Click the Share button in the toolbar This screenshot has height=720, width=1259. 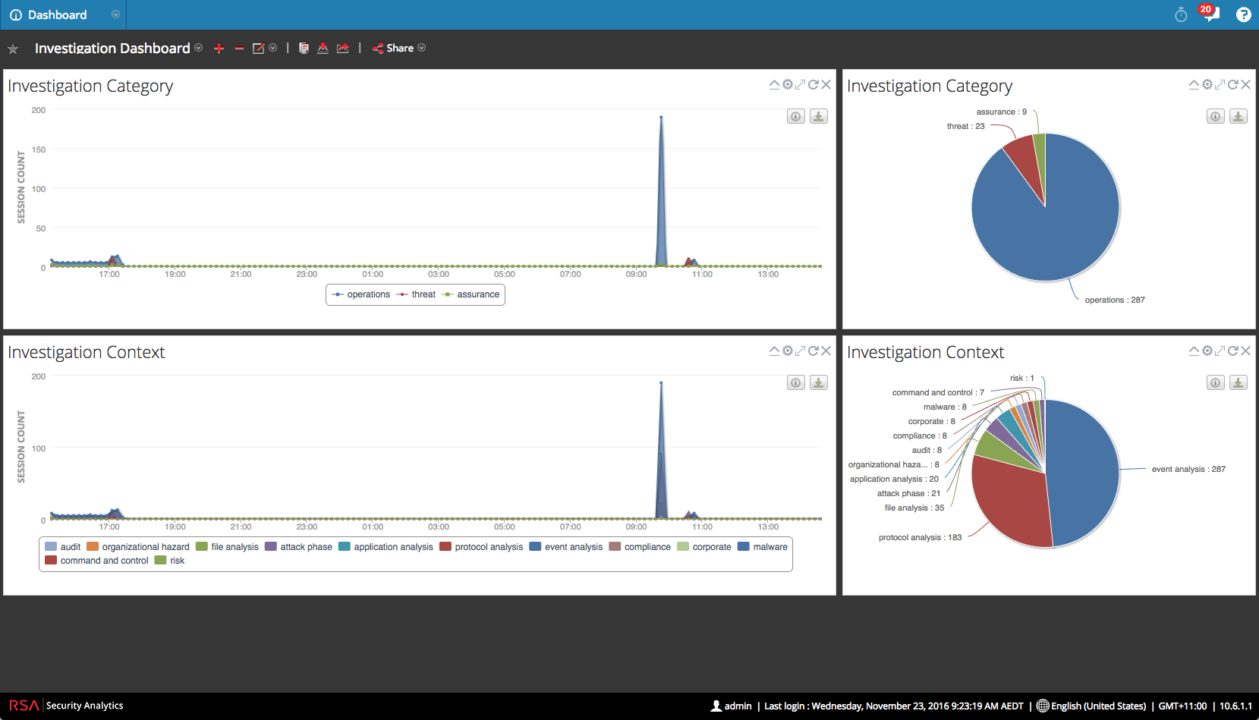tap(398, 49)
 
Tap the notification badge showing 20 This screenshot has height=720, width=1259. tap(1205, 9)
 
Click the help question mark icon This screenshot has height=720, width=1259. tap(1243, 14)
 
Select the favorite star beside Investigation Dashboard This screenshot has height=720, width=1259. tap(13, 49)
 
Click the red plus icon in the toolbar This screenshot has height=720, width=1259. tap(219, 49)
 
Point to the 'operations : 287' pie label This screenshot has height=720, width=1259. tap(1115, 300)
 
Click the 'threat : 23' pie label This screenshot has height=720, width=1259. tap(965, 127)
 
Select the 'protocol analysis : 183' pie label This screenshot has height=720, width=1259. tap(920, 537)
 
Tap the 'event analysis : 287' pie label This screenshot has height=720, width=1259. tap(1188, 470)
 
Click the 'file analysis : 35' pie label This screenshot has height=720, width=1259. tap(914, 508)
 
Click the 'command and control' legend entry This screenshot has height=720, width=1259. tap(96, 561)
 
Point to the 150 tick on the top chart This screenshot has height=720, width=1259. tap(39, 149)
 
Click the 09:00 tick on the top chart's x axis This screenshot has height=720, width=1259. tap(636, 275)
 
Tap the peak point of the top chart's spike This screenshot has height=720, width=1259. tap(661, 117)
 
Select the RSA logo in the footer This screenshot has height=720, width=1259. tap(24, 706)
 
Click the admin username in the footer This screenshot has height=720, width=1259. tap(738, 706)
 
